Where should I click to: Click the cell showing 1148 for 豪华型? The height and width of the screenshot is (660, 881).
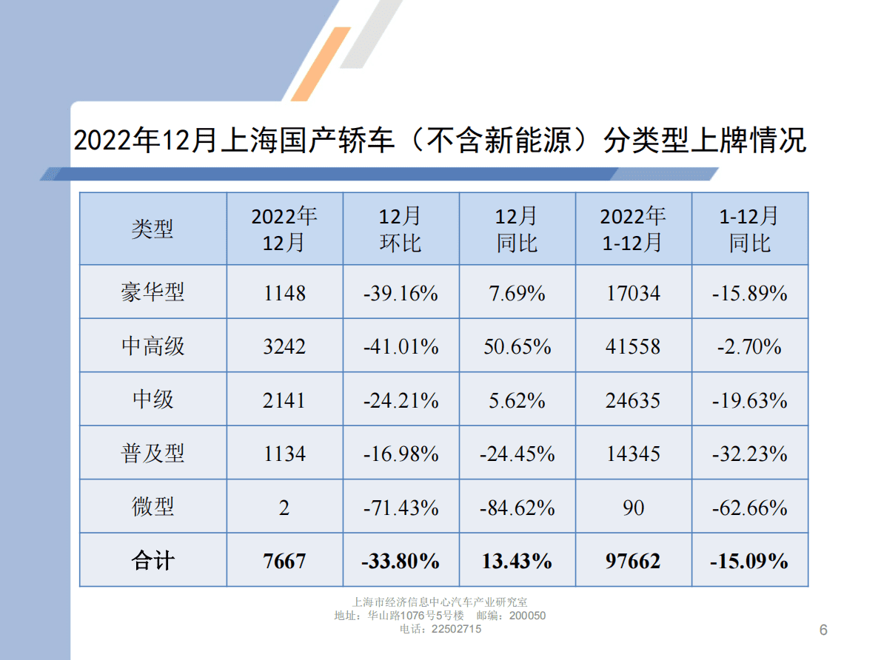click(284, 293)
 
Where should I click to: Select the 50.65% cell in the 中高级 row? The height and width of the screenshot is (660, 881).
click(517, 346)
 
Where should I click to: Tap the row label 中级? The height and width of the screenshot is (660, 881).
click(153, 400)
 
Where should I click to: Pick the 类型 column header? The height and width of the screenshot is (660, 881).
click(153, 229)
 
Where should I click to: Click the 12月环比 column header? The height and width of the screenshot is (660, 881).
click(401, 229)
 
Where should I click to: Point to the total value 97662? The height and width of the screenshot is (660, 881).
click(633, 561)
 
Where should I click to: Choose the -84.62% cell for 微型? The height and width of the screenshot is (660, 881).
click(517, 508)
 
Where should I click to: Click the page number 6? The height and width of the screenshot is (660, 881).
click(823, 630)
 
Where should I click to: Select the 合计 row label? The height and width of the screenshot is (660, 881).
click(153, 561)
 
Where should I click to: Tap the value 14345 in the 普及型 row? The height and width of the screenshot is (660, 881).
click(633, 454)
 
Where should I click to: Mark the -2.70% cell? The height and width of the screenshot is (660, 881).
click(749, 346)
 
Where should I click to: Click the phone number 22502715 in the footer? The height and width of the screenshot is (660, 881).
click(456, 629)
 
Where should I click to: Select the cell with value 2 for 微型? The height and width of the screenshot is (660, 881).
click(284, 508)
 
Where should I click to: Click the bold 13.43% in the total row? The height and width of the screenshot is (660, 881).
click(517, 561)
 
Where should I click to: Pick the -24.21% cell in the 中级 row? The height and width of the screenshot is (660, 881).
click(401, 400)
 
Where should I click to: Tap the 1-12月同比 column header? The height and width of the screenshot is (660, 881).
click(749, 229)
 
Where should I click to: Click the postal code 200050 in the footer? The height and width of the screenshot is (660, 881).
click(528, 616)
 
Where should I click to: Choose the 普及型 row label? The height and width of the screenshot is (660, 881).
click(153, 454)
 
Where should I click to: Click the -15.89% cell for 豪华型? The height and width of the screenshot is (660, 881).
click(749, 293)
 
